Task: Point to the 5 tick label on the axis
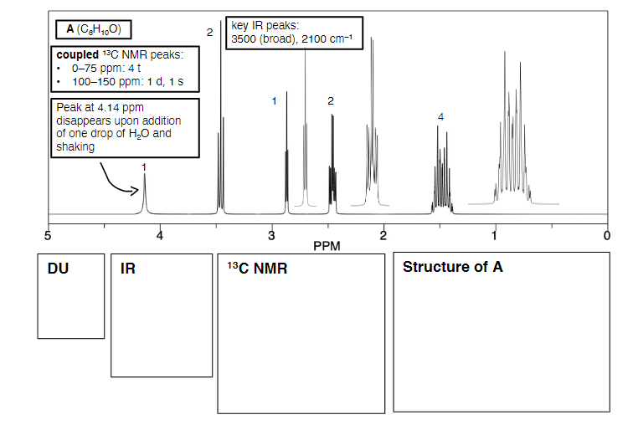[x=48, y=235]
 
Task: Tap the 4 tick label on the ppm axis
[x=160, y=235]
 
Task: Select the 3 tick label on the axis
[x=271, y=235]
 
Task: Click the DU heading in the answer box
[x=58, y=269]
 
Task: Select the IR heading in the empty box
[x=128, y=269]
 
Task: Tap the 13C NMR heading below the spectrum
[x=257, y=269]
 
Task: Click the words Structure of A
[x=453, y=267]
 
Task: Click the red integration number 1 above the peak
[x=144, y=167]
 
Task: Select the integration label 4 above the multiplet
[x=440, y=116]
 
